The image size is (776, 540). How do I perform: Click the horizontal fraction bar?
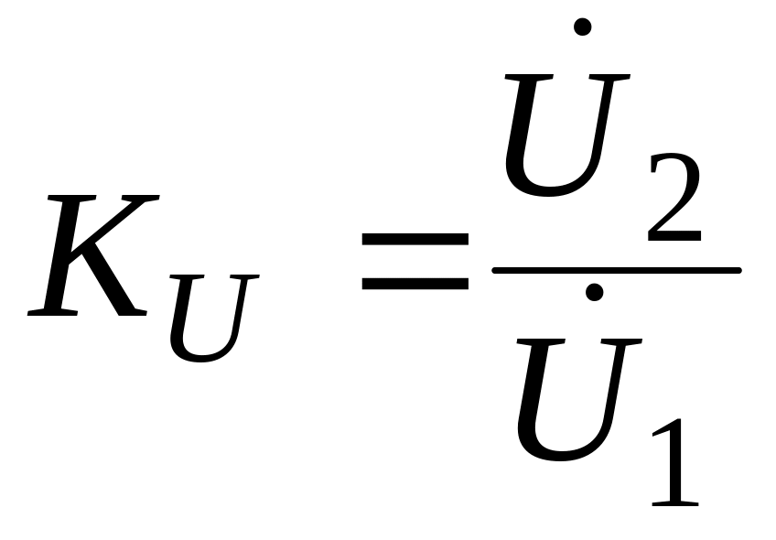(616, 270)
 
